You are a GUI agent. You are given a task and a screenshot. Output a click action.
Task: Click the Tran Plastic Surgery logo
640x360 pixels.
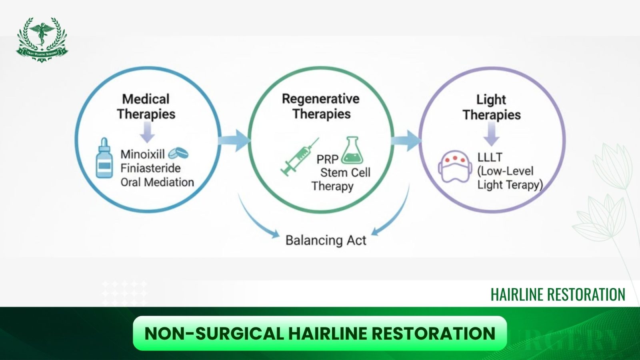point(42,39)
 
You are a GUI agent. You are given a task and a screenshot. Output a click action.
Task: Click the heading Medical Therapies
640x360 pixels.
point(146,106)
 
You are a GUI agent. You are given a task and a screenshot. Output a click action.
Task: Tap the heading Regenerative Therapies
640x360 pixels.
point(321,106)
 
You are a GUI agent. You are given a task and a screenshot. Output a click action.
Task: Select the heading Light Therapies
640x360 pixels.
point(491,107)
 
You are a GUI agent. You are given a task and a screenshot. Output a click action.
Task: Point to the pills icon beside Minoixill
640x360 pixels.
point(178,153)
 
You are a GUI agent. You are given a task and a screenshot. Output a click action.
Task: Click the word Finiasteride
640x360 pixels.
point(150,168)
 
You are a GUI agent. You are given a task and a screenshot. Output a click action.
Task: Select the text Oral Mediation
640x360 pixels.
point(157,182)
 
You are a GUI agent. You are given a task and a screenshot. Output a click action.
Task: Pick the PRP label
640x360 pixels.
point(327,159)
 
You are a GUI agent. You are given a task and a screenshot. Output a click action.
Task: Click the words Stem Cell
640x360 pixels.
point(345,172)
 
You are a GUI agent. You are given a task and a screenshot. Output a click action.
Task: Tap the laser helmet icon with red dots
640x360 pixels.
point(455,166)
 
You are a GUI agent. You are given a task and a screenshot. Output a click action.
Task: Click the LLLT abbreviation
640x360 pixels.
point(490,157)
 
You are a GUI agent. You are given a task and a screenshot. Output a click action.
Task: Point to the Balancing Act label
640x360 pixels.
point(326,240)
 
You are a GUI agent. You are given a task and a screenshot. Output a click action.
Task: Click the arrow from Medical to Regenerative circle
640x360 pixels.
point(235,140)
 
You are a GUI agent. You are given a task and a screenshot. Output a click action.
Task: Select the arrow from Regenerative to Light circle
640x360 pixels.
point(406,140)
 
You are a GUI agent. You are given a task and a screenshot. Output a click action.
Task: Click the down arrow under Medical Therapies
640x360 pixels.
point(147,132)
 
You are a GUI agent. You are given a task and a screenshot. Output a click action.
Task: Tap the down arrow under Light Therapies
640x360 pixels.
point(491,134)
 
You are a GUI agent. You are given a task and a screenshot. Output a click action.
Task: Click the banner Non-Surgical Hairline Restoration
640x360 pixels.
point(320,333)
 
